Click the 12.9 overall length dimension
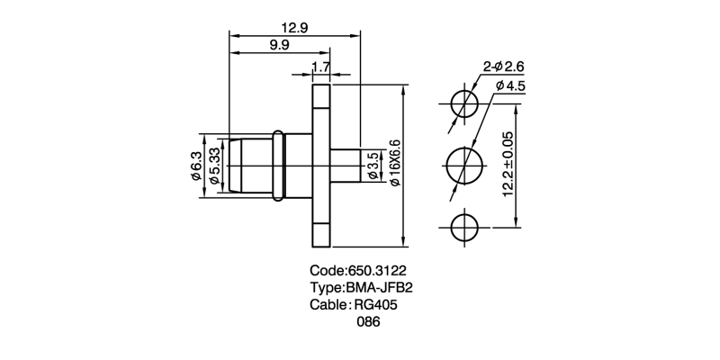point(294,28)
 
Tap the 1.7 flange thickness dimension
point(320,68)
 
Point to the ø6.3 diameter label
point(196,167)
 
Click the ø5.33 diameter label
point(213,167)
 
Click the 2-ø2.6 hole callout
point(504,66)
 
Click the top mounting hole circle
point(464,103)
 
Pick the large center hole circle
point(464,166)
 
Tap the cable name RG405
point(377,306)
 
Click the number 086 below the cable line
point(369,323)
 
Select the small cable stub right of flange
point(346,166)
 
